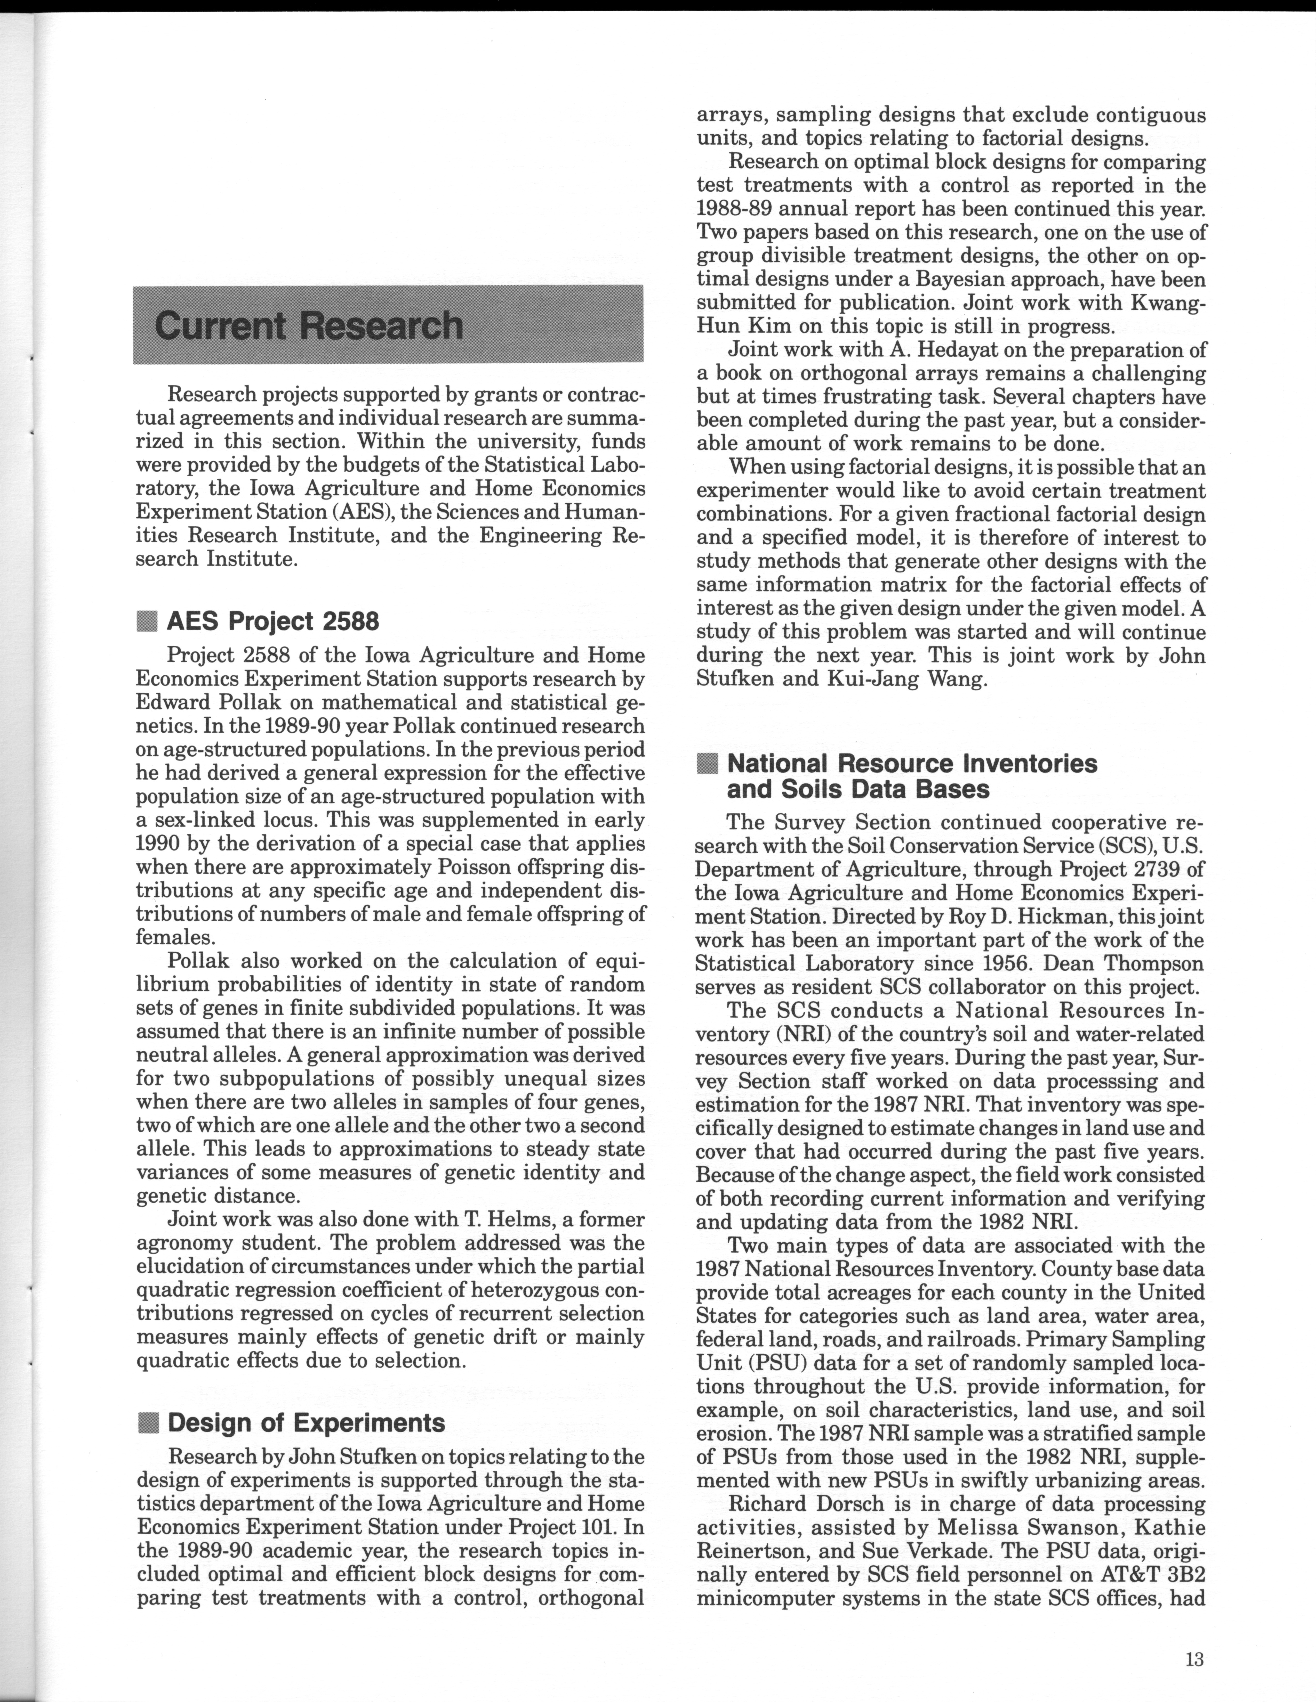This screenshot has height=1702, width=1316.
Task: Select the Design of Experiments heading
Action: coord(306,1422)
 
